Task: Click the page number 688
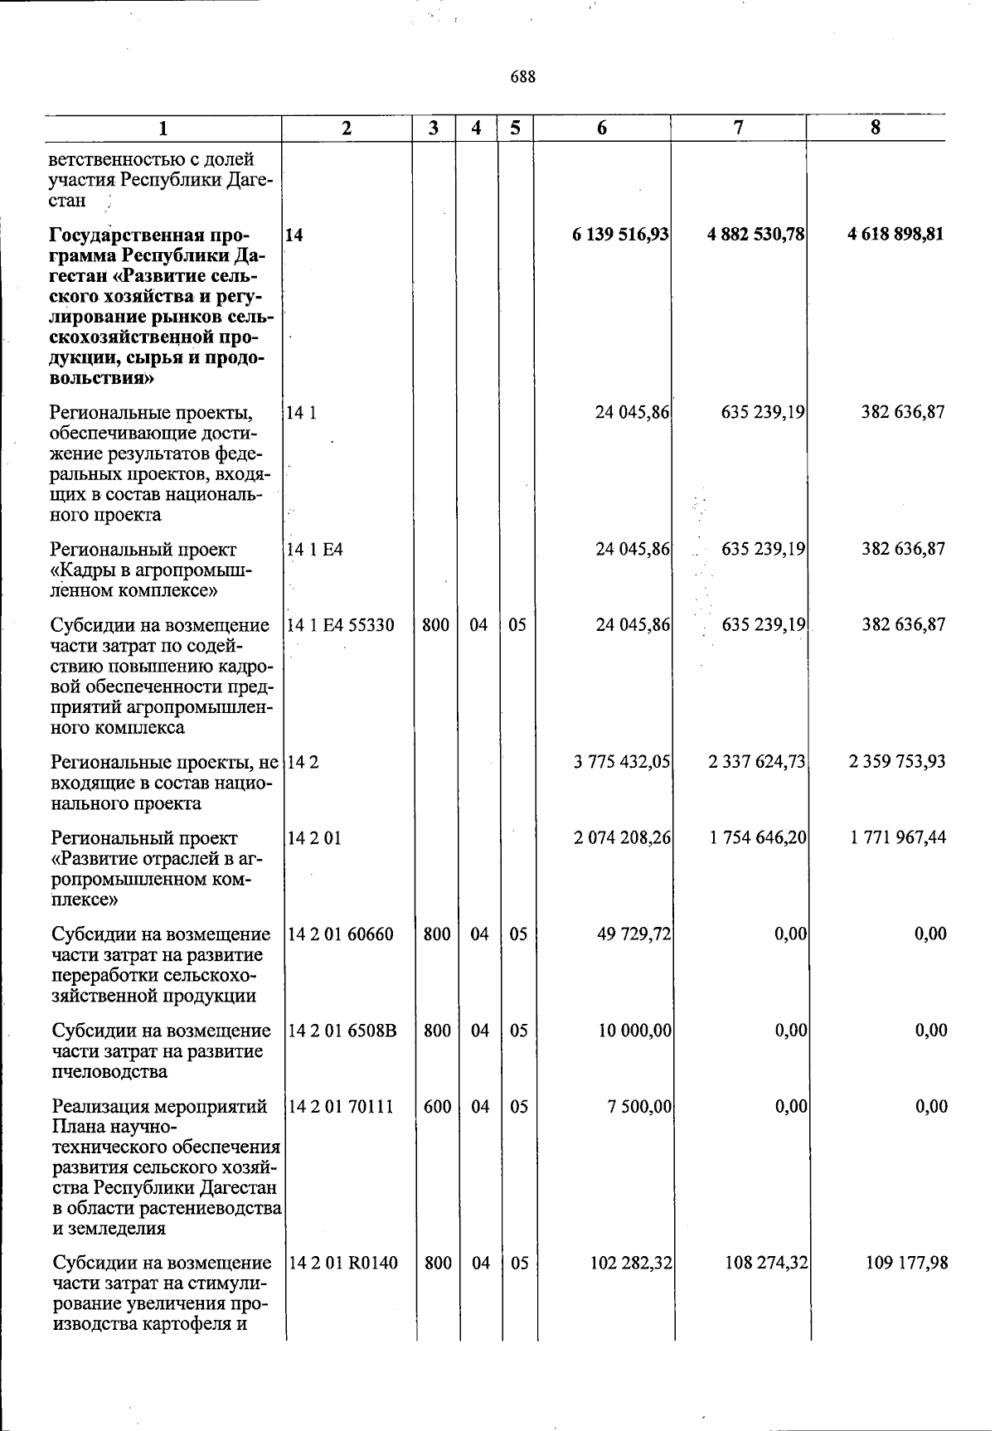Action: tap(522, 77)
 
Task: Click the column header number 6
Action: tap(602, 128)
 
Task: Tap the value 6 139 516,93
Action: tap(620, 235)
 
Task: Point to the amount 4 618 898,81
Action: tap(895, 235)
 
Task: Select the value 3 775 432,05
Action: tap(621, 762)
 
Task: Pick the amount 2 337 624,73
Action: tap(756, 762)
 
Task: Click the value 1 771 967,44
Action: tap(897, 838)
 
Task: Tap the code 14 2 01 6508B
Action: tap(342, 1031)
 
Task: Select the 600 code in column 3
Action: tap(436, 1107)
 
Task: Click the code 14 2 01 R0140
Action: tap(342, 1264)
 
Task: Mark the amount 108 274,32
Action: tap(764, 1264)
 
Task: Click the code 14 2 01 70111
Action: tap(340, 1107)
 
